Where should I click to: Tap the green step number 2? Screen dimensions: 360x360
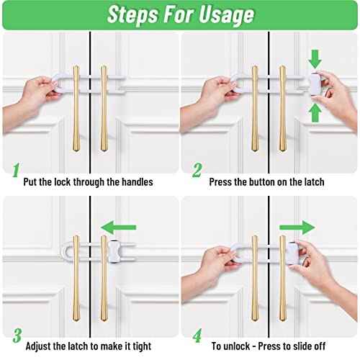(x=196, y=171)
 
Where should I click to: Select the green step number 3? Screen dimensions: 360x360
(x=15, y=336)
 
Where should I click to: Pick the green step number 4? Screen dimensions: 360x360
(x=196, y=336)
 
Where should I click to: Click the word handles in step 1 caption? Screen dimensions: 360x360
(x=135, y=182)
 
